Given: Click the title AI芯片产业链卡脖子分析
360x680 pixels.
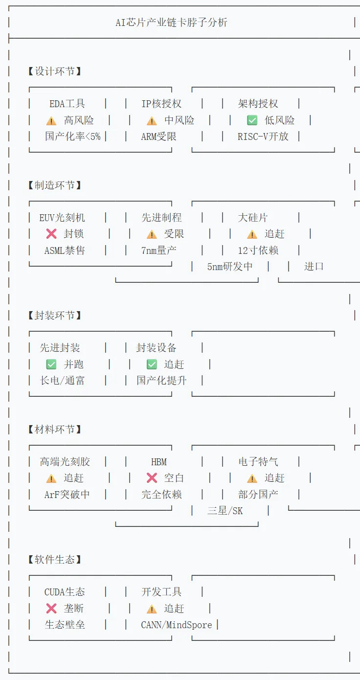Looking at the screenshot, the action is [x=171, y=23].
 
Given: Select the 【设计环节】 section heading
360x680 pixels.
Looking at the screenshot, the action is [x=55, y=71].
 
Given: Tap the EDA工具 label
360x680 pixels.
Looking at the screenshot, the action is [x=67, y=104].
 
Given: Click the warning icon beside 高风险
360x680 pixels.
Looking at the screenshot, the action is [x=51, y=120].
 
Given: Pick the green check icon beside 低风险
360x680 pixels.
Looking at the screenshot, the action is [x=252, y=120].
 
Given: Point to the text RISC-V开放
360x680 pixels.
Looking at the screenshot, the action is [x=263, y=136].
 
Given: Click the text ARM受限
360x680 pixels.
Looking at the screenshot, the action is [x=158, y=136].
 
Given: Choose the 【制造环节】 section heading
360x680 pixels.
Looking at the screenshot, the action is [x=55, y=185].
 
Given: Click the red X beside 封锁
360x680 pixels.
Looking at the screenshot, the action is [x=51, y=234].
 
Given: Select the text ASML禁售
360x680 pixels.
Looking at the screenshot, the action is [x=65, y=250].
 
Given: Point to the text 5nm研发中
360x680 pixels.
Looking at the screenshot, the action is [x=230, y=267].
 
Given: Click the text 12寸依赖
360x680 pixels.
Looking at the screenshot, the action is [x=258, y=250].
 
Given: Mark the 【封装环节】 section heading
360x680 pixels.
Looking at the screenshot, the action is [x=55, y=316].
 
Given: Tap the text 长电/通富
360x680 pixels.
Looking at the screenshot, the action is [x=62, y=381].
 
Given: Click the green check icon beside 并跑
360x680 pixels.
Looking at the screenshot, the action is [x=51, y=364].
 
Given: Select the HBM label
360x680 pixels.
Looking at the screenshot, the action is [x=158, y=462].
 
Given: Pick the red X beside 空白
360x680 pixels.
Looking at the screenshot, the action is [x=152, y=478].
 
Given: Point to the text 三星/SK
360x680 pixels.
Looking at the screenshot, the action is [x=225, y=511].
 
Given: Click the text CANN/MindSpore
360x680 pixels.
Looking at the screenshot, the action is [x=177, y=625].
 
